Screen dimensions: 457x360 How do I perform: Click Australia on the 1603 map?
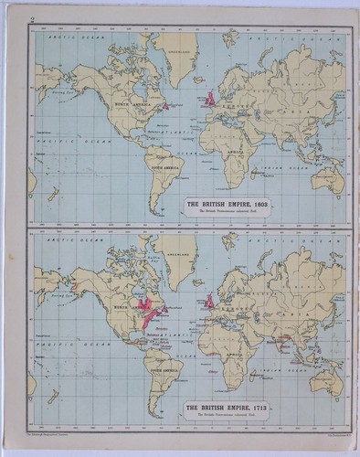point(326,179)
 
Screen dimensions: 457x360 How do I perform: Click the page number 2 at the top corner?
point(31,20)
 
